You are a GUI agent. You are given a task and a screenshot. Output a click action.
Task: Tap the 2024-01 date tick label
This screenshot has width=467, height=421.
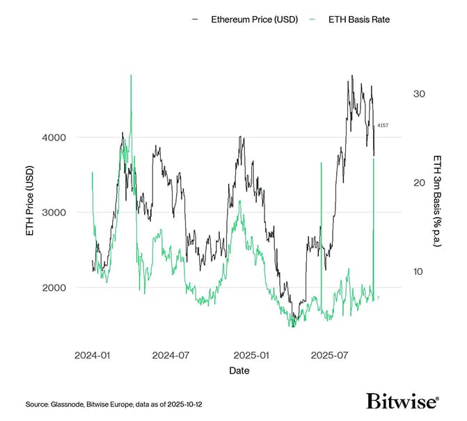(92, 355)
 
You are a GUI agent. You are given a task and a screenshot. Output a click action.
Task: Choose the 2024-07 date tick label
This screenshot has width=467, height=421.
(170, 355)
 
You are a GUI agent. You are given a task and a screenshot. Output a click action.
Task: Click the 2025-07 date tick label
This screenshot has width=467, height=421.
(328, 355)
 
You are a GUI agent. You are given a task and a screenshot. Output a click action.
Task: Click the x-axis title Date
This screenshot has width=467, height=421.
(239, 371)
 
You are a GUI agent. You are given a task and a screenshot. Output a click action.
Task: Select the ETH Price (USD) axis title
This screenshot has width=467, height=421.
(30, 202)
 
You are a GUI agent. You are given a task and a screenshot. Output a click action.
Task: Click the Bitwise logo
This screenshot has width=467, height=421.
(403, 402)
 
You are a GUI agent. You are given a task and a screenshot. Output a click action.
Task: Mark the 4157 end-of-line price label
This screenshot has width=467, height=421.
(382, 125)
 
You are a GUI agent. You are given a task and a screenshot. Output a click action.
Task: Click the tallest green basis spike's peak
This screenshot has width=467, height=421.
(131, 75)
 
